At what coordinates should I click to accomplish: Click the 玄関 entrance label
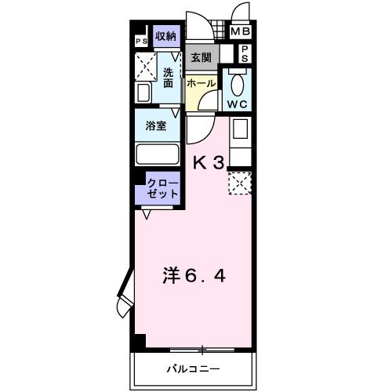click(x=201, y=57)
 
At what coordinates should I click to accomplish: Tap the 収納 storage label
click(x=165, y=36)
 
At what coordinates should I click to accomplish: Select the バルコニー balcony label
click(x=192, y=368)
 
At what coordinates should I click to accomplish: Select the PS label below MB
click(x=245, y=53)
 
